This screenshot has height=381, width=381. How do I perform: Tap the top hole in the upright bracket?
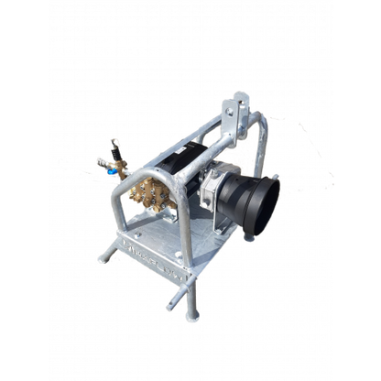(x=241, y=96)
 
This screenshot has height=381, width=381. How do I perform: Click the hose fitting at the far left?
(x=98, y=163)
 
